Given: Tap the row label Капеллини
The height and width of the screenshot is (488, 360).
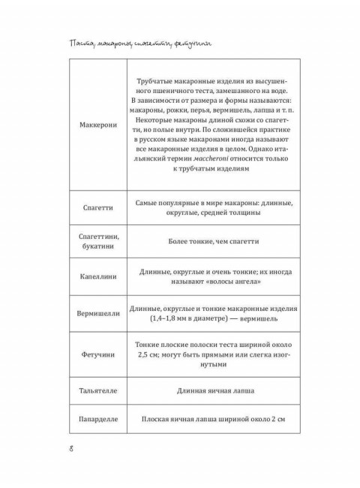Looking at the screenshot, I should pos(98,276).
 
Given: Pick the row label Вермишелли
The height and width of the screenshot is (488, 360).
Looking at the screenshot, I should pos(98,314).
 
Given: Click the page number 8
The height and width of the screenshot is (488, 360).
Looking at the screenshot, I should pos(70,450).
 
